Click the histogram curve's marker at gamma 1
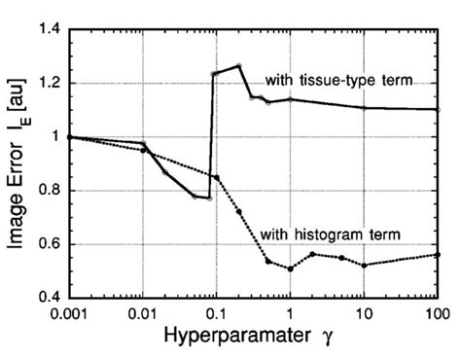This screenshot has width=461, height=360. [290, 269]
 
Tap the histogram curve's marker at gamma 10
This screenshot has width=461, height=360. [364, 265]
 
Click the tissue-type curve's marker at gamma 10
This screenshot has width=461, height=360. [364, 108]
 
